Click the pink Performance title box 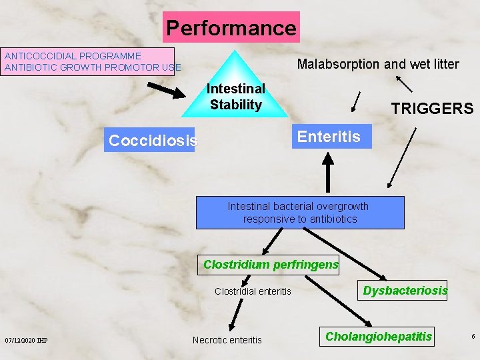click(231, 27)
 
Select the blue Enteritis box click(329, 137)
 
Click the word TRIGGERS click(432, 109)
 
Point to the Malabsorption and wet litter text click(377, 64)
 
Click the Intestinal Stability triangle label click(235, 97)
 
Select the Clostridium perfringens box click(271, 265)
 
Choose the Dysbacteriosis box click(405, 291)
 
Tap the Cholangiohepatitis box click(379, 337)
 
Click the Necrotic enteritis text click(227, 340)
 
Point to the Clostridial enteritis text click(253, 291)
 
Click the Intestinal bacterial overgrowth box click(300, 213)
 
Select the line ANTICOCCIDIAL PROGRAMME click(73, 56)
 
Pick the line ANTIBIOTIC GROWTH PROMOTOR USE click(93, 67)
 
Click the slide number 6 click(473, 337)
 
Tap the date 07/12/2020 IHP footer click(26, 341)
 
